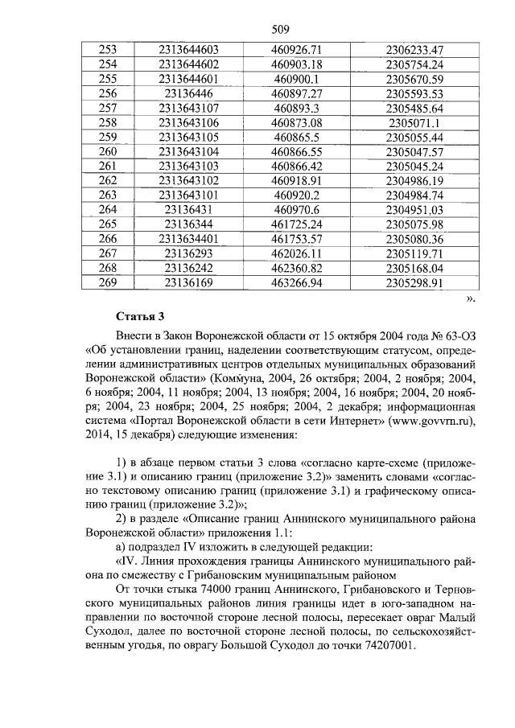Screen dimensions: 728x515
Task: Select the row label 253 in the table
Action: click(107, 50)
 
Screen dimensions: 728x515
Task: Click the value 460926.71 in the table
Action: click(296, 50)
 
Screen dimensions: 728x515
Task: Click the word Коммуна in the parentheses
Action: click(241, 377)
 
